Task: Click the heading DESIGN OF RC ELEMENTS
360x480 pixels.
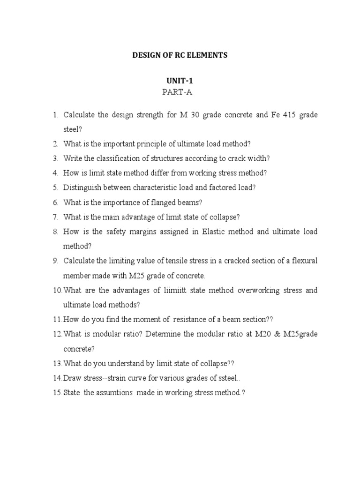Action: point(180,55)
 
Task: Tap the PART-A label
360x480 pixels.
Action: point(177,92)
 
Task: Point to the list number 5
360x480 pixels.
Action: point(55,187)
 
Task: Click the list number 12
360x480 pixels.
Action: point(57,334)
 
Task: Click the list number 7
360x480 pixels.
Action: point(55,217)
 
